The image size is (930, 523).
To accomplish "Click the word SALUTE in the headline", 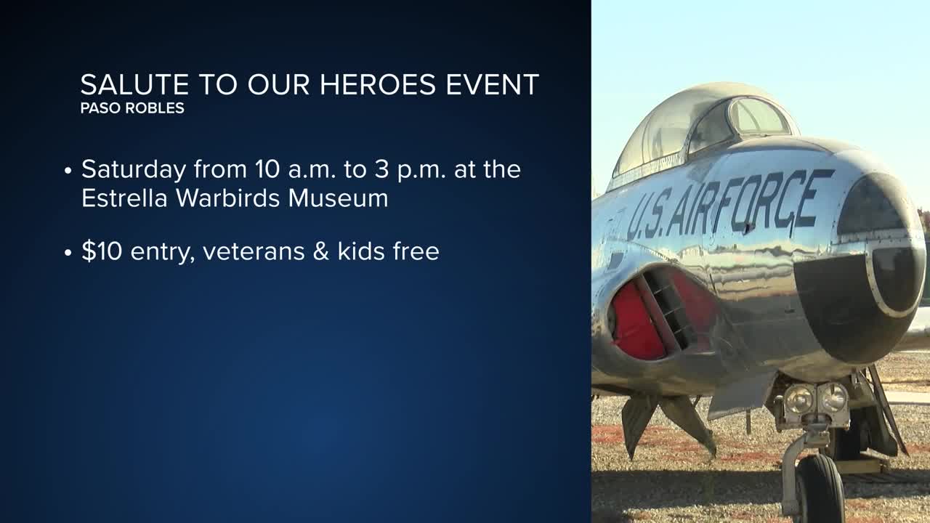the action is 135,85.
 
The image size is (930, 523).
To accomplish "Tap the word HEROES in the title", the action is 377,85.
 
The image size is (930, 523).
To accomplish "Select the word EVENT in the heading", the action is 493,85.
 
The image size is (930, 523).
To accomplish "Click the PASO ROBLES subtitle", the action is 132,108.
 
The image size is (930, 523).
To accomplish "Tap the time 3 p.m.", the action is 411,170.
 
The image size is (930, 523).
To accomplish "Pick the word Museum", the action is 339,198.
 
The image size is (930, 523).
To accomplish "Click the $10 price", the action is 102,251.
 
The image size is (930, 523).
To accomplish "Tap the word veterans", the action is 254,252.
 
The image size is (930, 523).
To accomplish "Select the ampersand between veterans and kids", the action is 321,251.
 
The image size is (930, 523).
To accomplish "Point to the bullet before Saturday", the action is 68,171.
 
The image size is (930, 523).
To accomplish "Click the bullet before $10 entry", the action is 68,253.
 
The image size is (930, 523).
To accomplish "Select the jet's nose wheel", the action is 820,490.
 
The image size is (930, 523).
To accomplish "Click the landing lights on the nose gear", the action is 816,400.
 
